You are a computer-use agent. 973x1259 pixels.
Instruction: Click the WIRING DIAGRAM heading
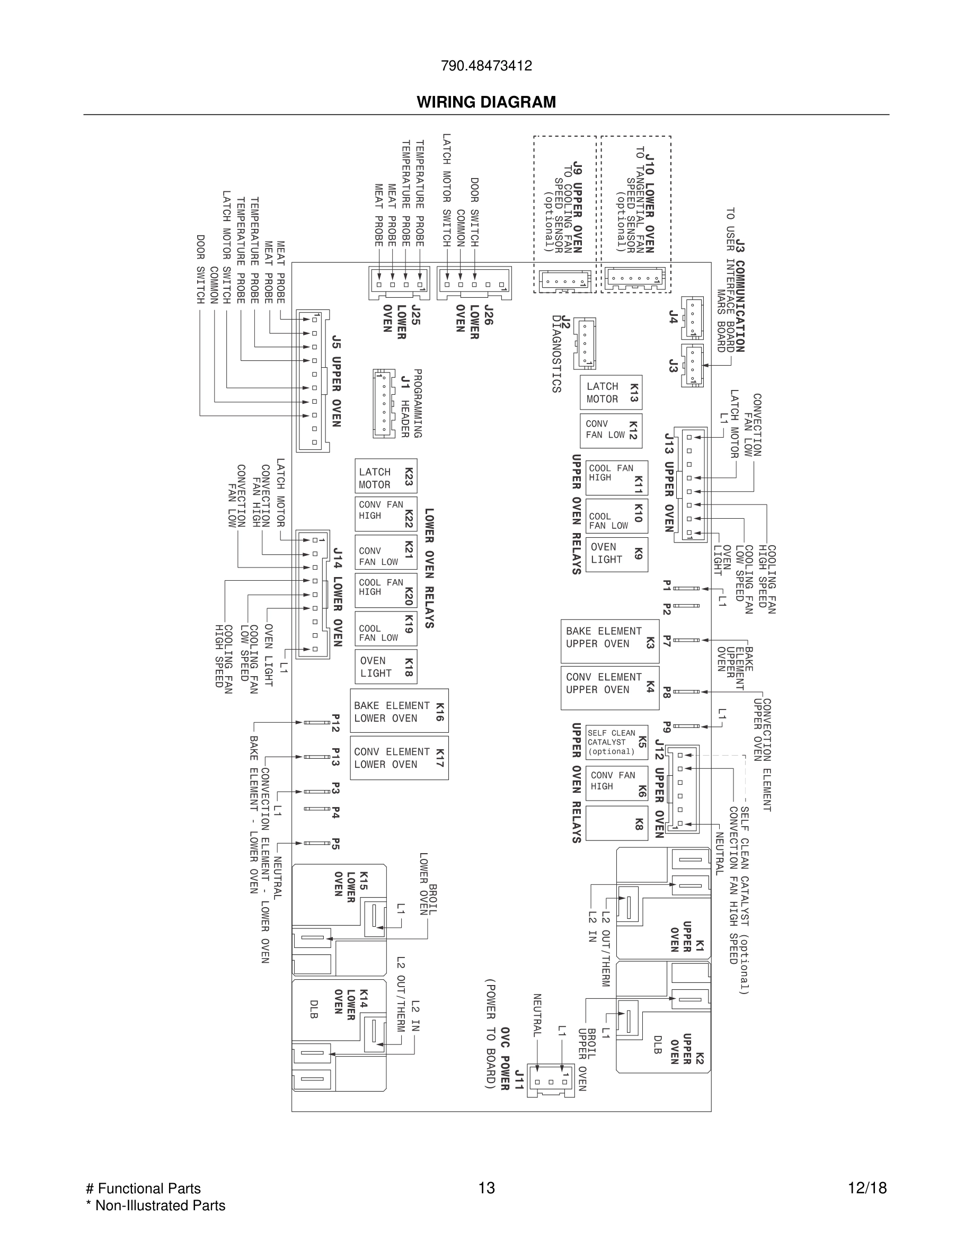[x=486, y=102]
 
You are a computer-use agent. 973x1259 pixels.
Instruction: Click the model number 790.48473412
[x=486, y=66]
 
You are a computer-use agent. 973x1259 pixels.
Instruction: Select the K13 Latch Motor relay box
[x=611, y=393]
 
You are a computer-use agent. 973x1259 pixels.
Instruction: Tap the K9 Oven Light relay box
[x=616, y=554]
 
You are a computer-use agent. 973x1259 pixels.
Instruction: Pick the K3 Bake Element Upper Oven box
[x=609, y=641]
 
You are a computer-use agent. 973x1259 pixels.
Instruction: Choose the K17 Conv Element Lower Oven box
[x=399, y=758]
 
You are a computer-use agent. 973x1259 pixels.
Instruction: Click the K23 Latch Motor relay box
[x=386, y=476]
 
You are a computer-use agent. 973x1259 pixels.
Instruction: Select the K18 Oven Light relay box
[x=386, y=667]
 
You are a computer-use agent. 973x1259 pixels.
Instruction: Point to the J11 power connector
[x=552, y=1081]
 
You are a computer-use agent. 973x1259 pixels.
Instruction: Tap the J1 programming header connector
[x=383, y=403]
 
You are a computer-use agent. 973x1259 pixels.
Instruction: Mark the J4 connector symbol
[x=692, y=317]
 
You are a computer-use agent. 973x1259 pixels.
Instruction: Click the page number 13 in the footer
[x=486, y=1187]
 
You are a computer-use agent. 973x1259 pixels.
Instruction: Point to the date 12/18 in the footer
[x=866, y=1187]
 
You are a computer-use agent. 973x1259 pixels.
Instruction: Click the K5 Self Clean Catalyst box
[x=616, y=742]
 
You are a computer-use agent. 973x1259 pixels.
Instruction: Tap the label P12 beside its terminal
[x=335, y=722]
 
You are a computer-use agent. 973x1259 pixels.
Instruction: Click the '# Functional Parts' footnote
[x=143, y=1188]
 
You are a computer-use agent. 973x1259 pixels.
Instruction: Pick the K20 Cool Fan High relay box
[x=386, y=590]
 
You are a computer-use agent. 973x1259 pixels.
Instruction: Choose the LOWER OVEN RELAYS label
[x=429, y=568]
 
